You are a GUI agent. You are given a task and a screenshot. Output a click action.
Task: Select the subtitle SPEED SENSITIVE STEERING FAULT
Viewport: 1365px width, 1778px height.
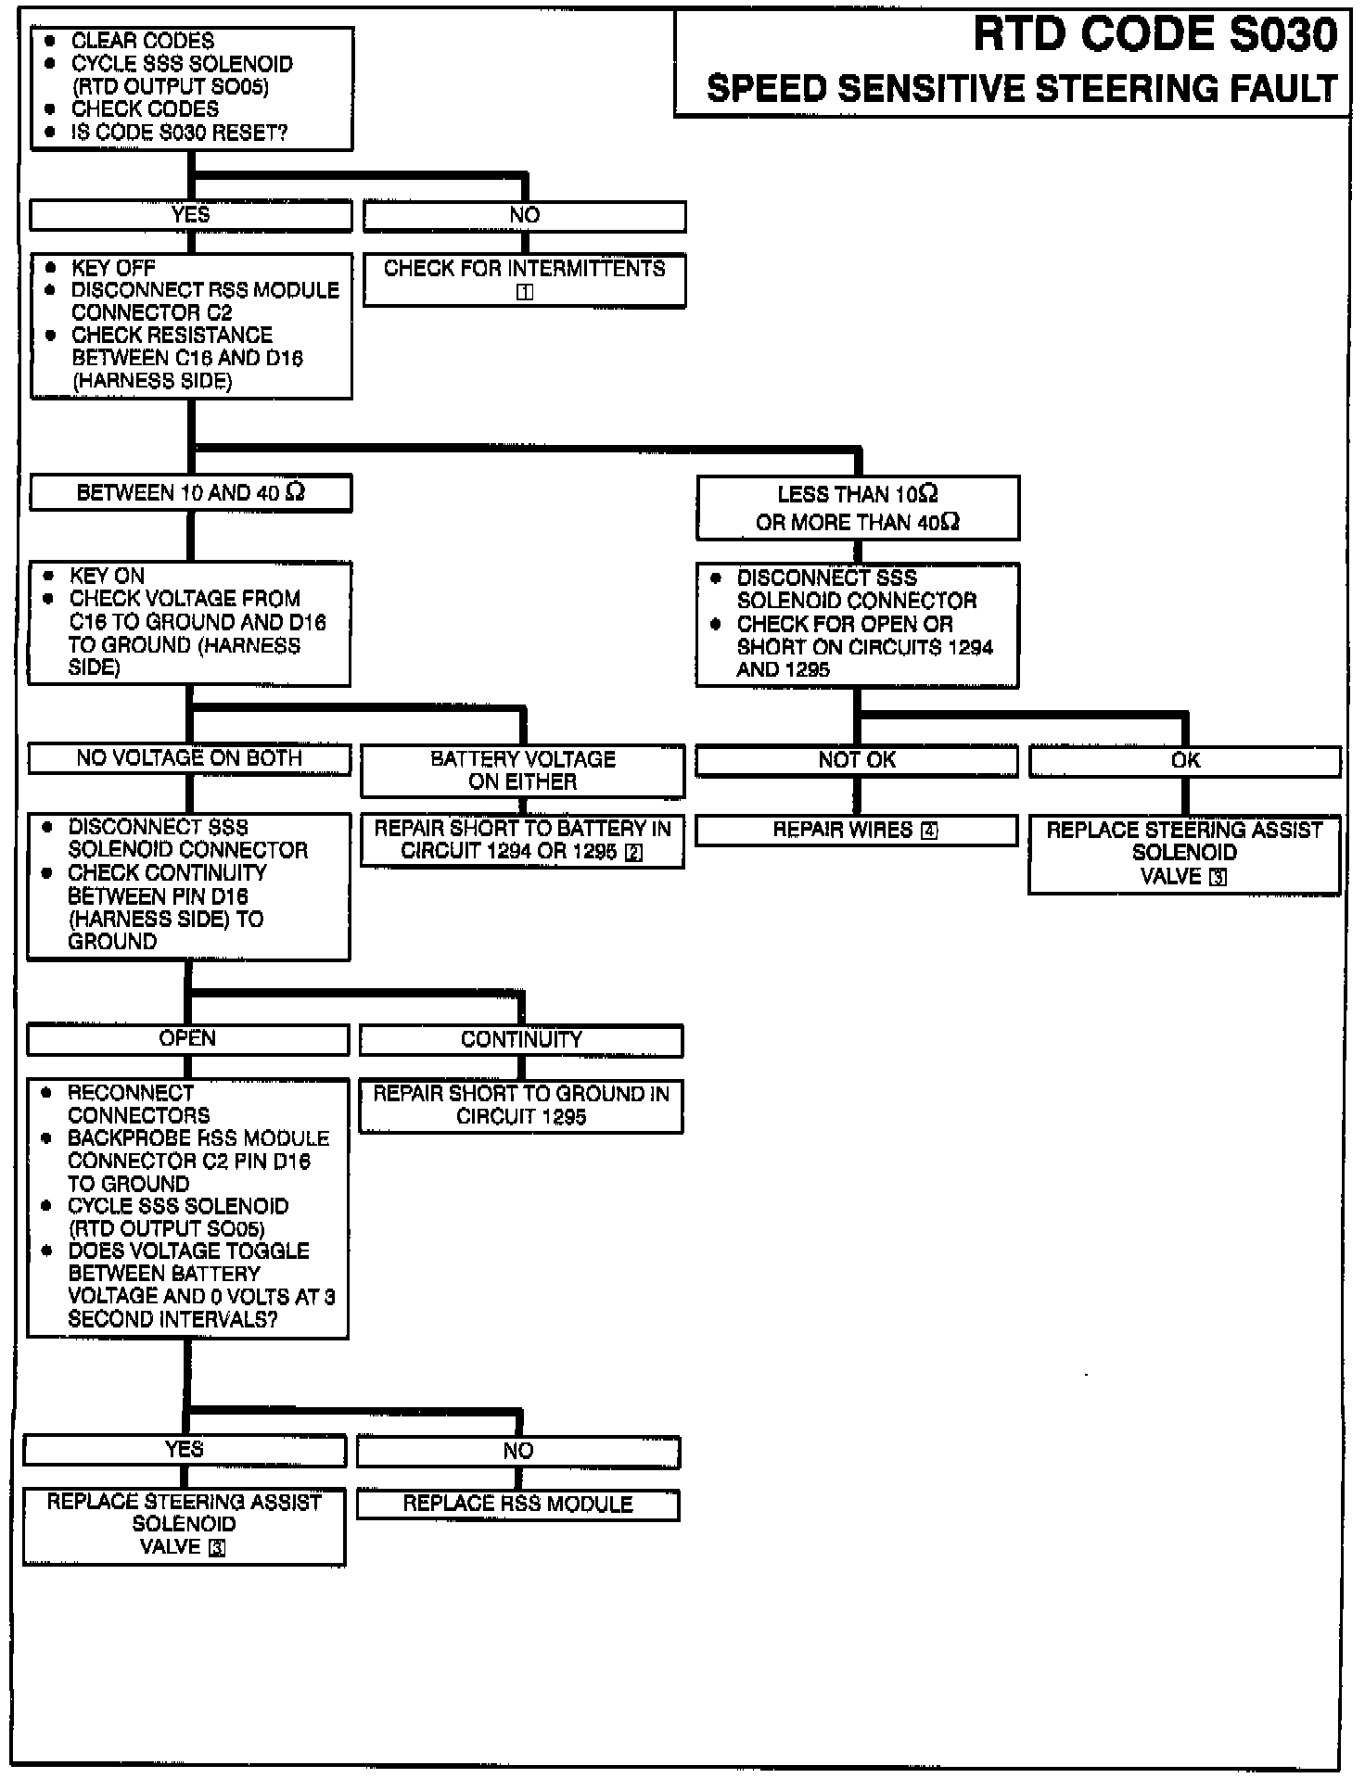(x=1021, y=90)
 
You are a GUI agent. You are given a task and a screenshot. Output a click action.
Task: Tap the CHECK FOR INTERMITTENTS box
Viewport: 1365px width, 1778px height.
(x=524, y=279)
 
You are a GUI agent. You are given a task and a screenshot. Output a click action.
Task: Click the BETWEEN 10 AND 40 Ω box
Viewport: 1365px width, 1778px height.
(x=190, y=493)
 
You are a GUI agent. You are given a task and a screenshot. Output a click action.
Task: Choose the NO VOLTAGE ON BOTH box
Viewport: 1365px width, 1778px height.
(x=189, y=759)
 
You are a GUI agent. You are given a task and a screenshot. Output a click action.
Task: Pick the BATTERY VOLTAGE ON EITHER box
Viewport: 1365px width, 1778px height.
(x=522, y=770)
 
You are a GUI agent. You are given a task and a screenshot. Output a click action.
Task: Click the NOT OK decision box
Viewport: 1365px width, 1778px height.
(x=856, y=761)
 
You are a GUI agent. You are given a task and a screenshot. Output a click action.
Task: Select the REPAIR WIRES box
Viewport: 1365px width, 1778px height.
(x=856, y=831)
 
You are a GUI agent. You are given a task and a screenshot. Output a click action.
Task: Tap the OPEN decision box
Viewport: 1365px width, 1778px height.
(x=187, y=1039)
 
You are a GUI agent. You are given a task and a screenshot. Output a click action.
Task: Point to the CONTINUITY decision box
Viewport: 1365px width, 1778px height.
(x=521, y=1040)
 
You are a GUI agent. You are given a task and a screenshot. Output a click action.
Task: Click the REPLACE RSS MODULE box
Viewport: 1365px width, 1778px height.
(x=517, y=1505)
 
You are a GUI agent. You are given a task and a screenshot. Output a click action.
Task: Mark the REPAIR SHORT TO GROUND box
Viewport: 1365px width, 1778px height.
(x=521, y=1105)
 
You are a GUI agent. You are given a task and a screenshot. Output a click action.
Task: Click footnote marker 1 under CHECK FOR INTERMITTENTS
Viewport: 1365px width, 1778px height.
(x=524, y=292)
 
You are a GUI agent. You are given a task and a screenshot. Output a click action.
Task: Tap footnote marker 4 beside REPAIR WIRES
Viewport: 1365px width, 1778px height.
(x=929, y=832)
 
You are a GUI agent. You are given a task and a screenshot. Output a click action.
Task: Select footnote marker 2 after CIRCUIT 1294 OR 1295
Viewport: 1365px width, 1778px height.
(x=634, y=853)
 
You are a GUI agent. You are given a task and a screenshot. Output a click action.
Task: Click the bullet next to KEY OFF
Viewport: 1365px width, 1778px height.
(x=51, y=268)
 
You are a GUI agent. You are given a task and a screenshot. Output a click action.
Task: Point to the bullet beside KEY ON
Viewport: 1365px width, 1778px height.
(x=48, y=576)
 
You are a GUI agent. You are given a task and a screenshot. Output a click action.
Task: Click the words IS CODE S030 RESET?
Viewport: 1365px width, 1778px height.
(x=179, y=133)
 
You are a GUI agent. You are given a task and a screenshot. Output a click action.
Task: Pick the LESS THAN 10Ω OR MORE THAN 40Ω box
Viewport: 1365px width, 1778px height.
(x=857, y=508)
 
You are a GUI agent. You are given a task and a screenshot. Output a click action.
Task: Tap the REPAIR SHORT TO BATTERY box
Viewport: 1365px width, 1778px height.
(x=522, y=841)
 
